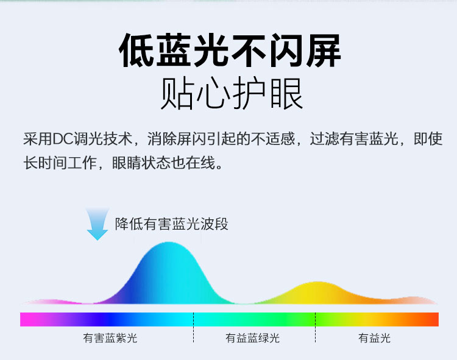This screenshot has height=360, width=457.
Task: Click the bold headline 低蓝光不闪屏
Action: pos(230,51)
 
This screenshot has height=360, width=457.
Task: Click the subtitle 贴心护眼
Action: pos(232,93)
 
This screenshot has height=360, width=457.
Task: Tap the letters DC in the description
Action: pos(63,139)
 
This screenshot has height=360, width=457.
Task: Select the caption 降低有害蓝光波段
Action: pos(172,224)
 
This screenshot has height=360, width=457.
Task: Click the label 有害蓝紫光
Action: pos(110,338)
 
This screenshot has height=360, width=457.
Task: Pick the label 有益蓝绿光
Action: pos(252,338)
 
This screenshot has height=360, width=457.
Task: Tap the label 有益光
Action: pos(374,338)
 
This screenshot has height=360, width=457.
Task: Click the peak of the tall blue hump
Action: pos(168,242)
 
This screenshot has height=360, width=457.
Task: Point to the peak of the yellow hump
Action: pos(317,282)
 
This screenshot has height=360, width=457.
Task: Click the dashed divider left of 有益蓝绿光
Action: pos(193,327)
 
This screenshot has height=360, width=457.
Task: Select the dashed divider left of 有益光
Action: pos(315,327)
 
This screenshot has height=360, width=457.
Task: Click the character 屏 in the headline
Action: pos(323,51)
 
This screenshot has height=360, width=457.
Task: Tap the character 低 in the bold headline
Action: pos(136,51)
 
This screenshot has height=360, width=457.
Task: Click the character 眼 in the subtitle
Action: pos(286,93)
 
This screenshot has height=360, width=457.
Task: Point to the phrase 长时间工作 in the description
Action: pos(60,163)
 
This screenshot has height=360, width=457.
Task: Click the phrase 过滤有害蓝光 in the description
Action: pos(354,139)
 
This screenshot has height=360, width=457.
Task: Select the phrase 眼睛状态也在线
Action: pos(164,163)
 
